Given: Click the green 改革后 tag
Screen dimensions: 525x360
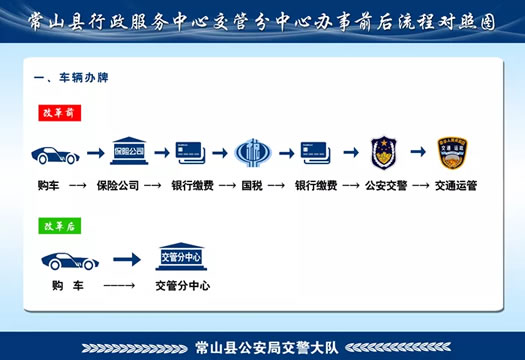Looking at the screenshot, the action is [57, 227].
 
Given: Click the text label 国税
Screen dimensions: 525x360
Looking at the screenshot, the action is [252, 185].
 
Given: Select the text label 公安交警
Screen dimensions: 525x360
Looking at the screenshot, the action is [385, 185].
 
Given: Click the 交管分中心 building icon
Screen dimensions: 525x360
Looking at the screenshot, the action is [183, 256].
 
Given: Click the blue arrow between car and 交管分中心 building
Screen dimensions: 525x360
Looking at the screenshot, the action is [126, 260].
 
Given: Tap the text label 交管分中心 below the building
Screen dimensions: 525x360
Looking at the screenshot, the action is [183, 286].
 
